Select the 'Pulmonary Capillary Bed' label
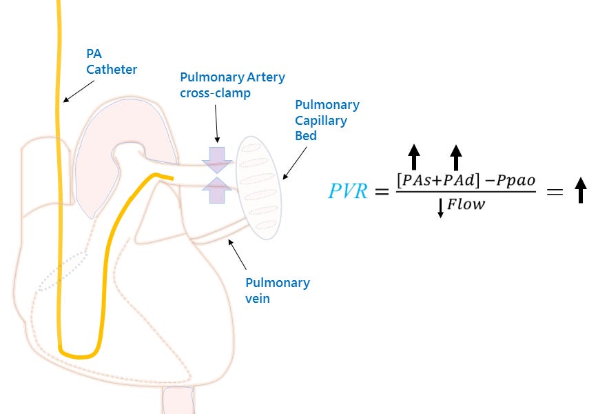click(327, 120)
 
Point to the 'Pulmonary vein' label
click(278, 290)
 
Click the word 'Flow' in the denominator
click(466, 205)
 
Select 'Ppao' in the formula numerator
click(511, 179)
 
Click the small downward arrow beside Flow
click(440, 207)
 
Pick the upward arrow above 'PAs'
click(413, 157)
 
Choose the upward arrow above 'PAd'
click(455, 157)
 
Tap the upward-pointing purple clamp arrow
click(218, 189)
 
